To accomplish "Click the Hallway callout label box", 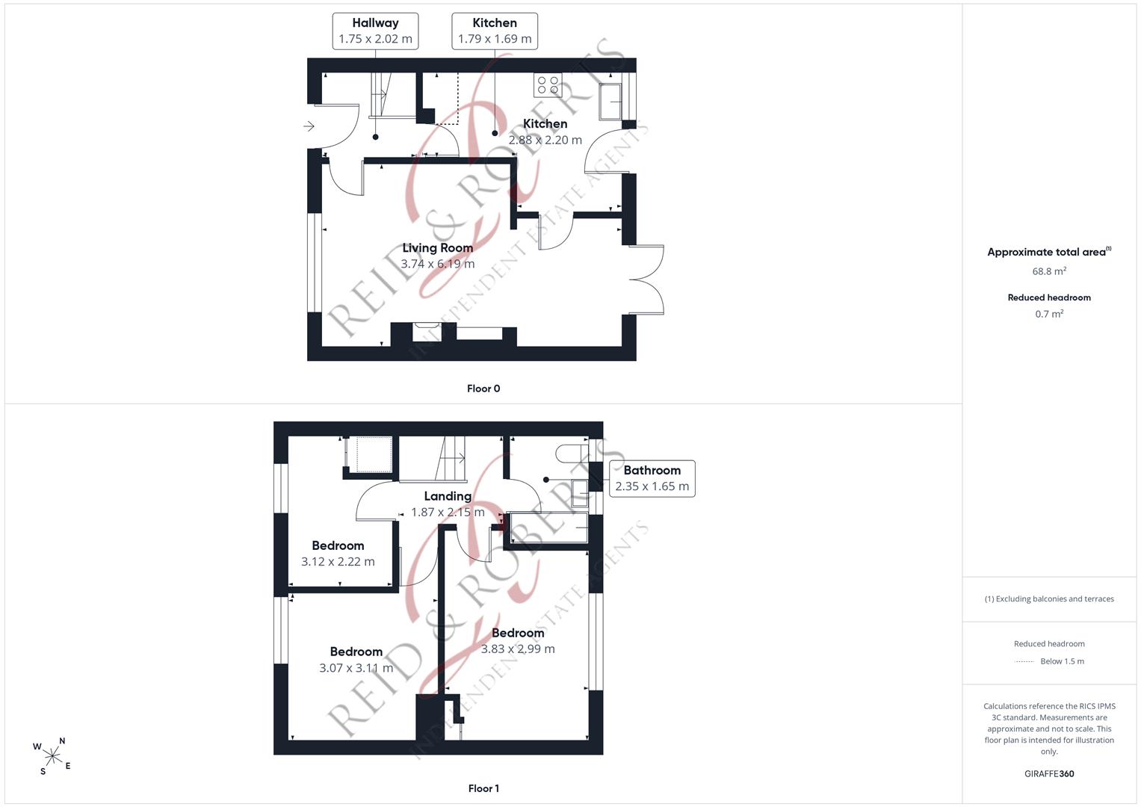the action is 375,31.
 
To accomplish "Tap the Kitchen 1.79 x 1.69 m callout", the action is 495,31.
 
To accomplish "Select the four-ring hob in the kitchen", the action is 548,85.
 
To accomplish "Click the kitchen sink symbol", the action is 610,102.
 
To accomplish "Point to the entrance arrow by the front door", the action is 309,126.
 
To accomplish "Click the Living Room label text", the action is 438,247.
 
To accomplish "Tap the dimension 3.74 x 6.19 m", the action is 438,264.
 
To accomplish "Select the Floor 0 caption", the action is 483,389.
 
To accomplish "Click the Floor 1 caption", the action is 483,788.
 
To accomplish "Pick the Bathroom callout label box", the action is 652,478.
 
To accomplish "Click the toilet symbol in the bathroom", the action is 572,454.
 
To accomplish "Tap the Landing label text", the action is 448,495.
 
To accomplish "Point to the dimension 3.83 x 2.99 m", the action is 518,649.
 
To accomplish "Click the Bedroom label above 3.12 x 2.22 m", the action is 338,545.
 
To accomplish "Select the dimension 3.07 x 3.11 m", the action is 356,668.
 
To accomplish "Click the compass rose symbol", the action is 52,757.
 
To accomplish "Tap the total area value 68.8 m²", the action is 1049,271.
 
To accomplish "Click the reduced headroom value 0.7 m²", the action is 1049,314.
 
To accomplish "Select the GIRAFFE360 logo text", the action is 1049,773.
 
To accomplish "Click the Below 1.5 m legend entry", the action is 1049,661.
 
